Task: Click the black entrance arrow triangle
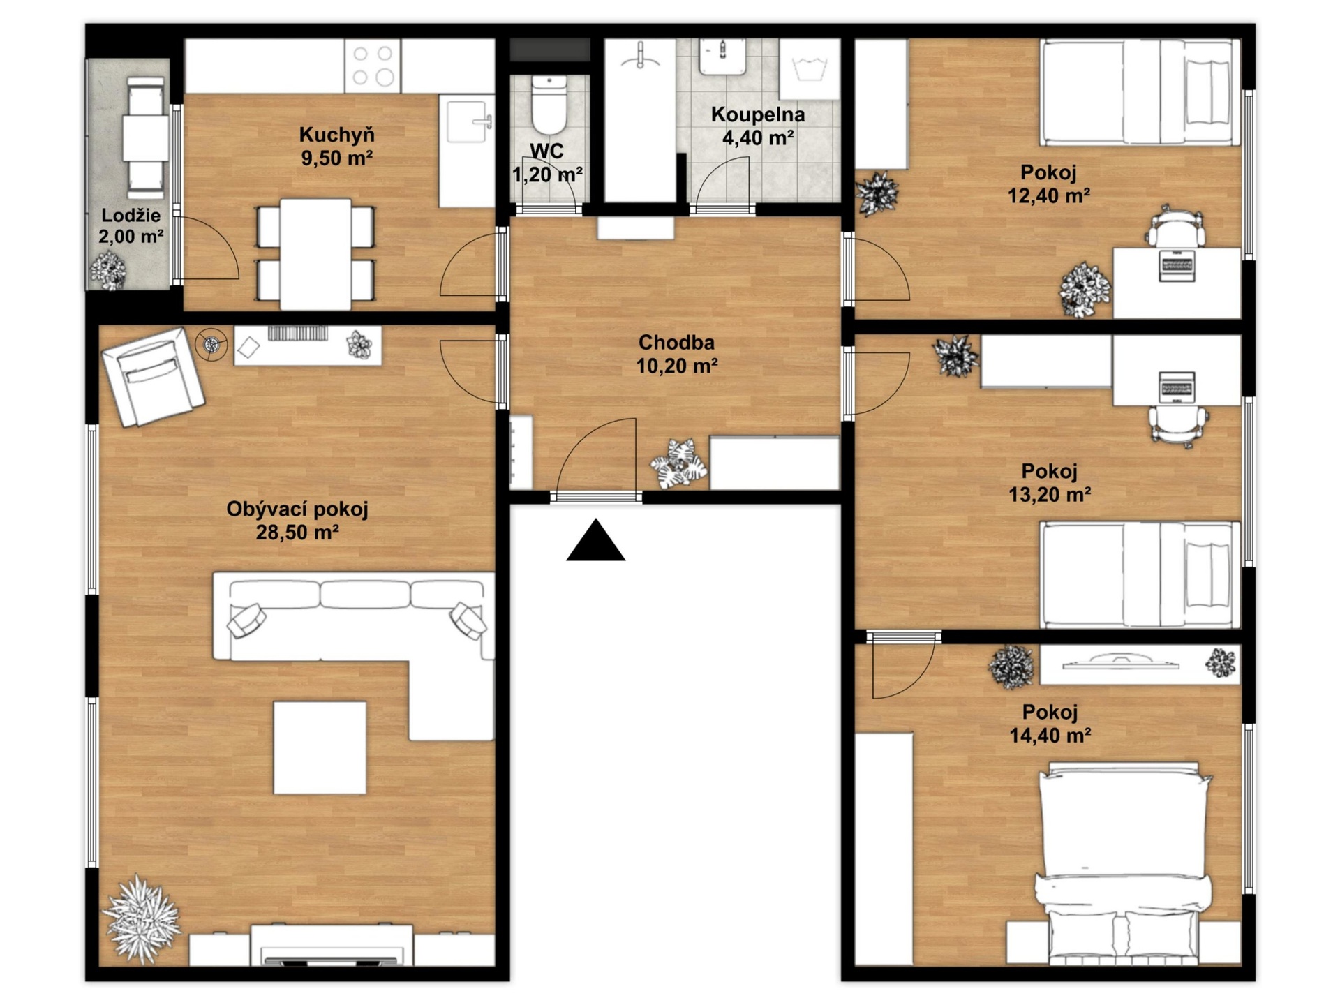coord(595,541)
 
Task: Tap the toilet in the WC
coord(549,105)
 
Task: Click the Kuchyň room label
coord(337,134)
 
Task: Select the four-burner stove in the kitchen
coord(373,66)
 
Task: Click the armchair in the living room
coord(154,376)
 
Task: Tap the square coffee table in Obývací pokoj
coord(320,747)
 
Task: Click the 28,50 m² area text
coord(297,533)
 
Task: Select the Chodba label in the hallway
coord(676,343)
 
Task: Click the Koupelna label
coord(758,114)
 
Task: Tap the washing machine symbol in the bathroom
coord(810,69)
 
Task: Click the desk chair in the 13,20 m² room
coord(1178,424)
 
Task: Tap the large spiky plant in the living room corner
coord(142,919)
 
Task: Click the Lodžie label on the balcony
coord(131,215)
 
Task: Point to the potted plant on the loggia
coord(108,270)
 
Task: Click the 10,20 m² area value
coord(677,366)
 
